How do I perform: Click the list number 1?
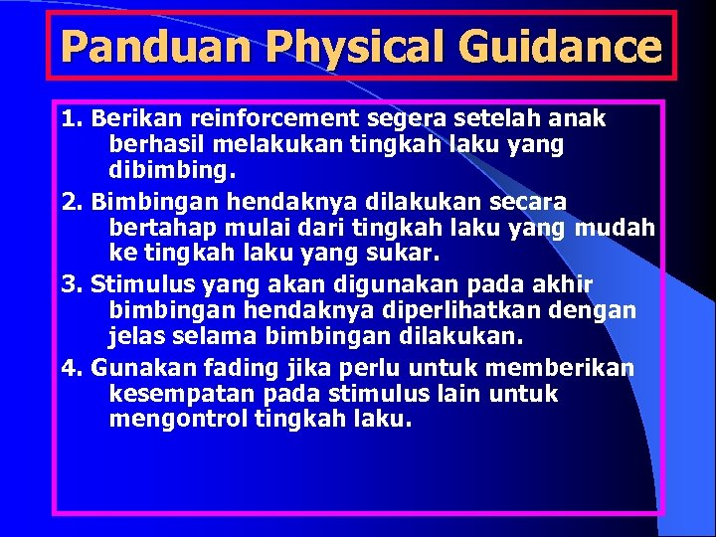(70, 119)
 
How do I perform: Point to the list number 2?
(70, 202)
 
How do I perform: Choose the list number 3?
(70, 285)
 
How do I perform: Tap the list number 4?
(70, 369)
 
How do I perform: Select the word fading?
(217, 369)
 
